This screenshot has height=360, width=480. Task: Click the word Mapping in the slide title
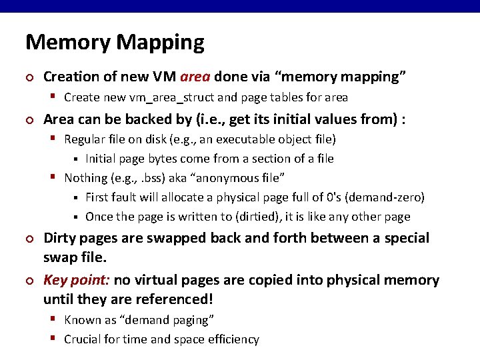(160, 42)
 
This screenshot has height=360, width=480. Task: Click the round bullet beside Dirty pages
(29, 239)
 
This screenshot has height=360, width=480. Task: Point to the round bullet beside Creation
(29, 77)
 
